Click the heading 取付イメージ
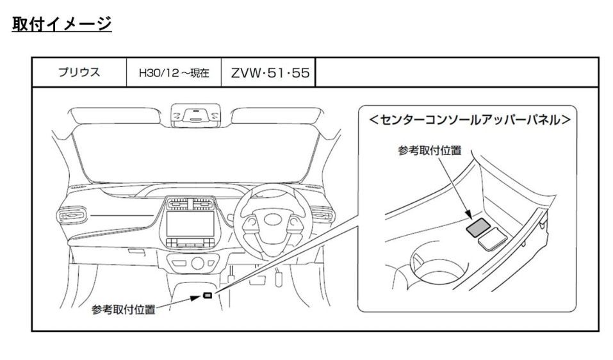point(61,24)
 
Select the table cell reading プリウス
point(79,72)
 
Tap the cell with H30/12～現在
point(174,72)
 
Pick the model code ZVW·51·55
point(270,72)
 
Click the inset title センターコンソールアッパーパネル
point(470,120)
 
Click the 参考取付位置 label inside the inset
point(430,151)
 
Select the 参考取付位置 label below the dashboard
point(124,309)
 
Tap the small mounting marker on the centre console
point(208,295)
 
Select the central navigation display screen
point(190,224)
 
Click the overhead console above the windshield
point(195,115)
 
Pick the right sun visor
point(277,116)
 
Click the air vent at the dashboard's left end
point(72,215)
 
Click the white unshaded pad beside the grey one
point(493,238)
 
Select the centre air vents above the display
point(190,204)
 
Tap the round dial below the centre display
point(197,263)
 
